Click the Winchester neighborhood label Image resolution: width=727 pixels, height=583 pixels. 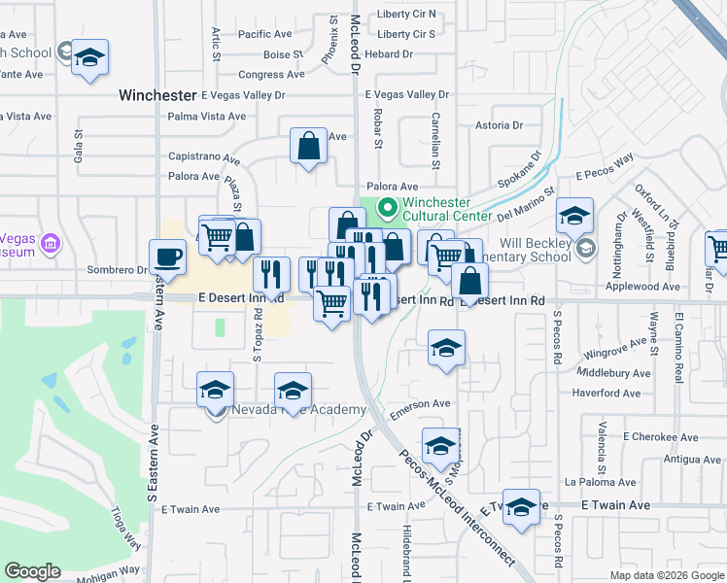[x=157, y=96]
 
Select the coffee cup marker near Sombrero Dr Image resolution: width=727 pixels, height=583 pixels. [x=167, y=257]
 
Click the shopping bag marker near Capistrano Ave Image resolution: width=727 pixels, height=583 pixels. [x=308, y=148]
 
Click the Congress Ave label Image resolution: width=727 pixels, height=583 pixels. [x=271, y=75]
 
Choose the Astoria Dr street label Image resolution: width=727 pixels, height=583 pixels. [x=499, y=125]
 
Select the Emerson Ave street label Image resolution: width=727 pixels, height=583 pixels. [x=420, y=406]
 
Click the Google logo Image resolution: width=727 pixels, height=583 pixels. [x=33, y=571]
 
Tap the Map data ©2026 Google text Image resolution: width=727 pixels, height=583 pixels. [x=667, y=575]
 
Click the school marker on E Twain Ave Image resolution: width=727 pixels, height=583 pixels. [x=521, y=506]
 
